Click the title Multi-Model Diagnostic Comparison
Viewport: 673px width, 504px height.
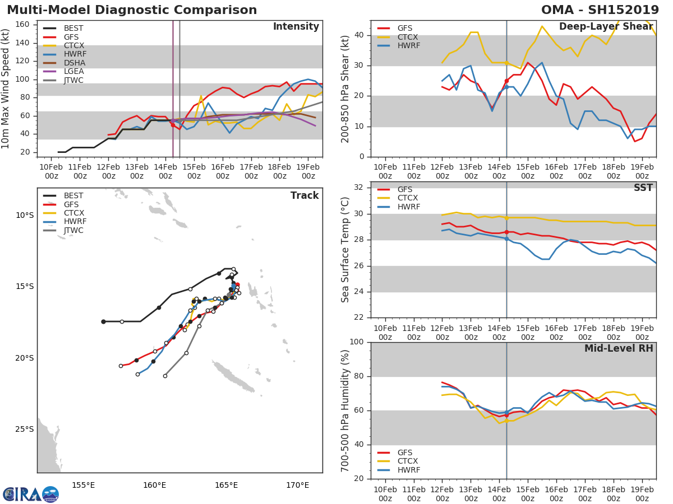point(132,10)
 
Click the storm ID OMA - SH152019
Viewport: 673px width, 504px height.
point(600,10)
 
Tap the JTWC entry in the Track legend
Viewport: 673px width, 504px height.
point(73,230)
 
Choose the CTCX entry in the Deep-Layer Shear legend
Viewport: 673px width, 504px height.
point(408,37)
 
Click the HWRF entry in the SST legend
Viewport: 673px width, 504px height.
point(408,207)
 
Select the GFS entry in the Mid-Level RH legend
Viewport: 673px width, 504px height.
point(408,452)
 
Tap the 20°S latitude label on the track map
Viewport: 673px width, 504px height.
point(24,358)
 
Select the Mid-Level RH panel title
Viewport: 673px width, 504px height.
point(619,348)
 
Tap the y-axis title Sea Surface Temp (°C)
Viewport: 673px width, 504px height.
point(345,250)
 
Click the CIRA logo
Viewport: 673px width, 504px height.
point(31,494)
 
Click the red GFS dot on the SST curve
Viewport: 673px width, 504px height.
point(506,232)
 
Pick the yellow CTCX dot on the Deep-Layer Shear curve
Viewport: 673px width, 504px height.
point(506,63)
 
